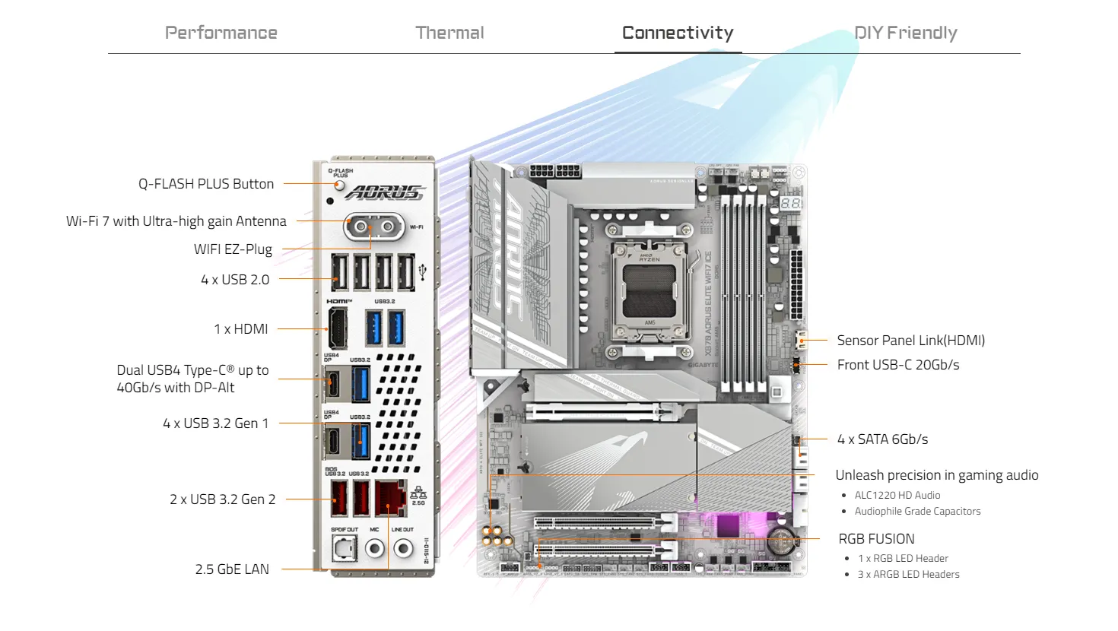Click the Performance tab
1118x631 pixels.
tap(221, 33)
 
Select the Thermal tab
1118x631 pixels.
tap(449, 33)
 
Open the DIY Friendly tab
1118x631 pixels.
tap(905, 33)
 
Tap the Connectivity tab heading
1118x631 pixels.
tap(678, 33)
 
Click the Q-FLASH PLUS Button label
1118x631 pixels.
tap(205, 184)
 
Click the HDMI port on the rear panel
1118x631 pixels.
tap(337, 328)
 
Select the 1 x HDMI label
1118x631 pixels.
tap(240, 329)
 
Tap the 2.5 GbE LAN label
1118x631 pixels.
tap(232, 569)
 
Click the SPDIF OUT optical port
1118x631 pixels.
tap(345, 547)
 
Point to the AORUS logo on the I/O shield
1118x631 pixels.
tap(384, 192)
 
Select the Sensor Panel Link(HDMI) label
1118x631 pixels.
tap(910, 341)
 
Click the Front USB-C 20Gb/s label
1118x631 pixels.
tap(897, 365)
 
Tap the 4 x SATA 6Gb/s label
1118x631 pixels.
tap(882, 439)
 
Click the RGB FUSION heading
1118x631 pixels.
tap(876, 539)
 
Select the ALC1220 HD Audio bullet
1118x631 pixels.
tap(897, 495)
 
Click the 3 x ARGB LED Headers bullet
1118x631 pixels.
tap(908, 575)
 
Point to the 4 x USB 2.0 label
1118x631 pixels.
tap(235, 280)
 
